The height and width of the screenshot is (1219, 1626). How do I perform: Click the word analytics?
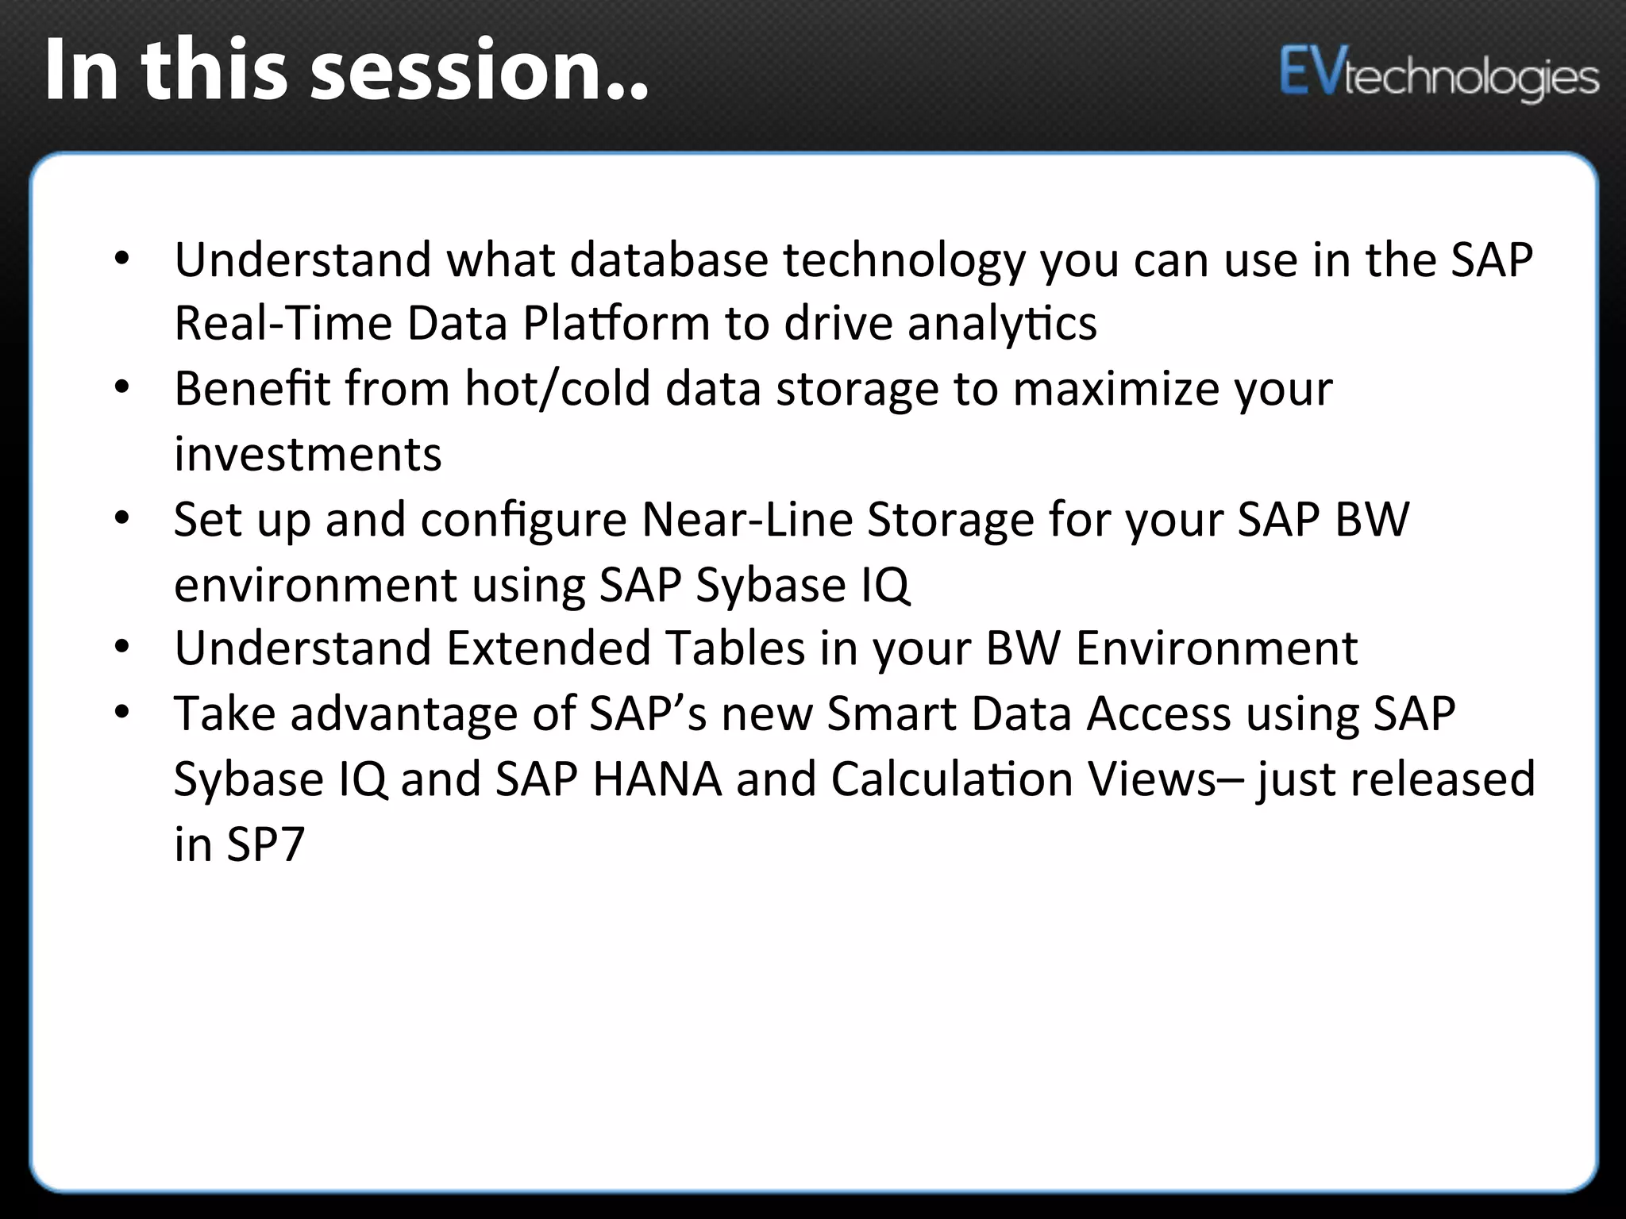(1002, 324)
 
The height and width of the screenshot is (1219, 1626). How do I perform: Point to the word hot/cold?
(557, 389)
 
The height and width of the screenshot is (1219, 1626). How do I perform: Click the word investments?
(308, 455)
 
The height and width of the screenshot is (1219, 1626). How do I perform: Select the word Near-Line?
(746, 520)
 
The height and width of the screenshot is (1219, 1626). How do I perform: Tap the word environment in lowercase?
(315, 585)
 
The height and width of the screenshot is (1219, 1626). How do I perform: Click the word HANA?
(657, 779)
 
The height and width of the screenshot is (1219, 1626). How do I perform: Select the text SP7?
(265, 844)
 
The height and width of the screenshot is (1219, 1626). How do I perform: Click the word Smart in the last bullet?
(891, 713)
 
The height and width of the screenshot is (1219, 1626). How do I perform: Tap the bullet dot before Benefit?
(121, 388)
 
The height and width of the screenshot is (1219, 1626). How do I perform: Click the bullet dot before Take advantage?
(121, 713)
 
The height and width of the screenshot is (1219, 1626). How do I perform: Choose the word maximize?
(1115, 389)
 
